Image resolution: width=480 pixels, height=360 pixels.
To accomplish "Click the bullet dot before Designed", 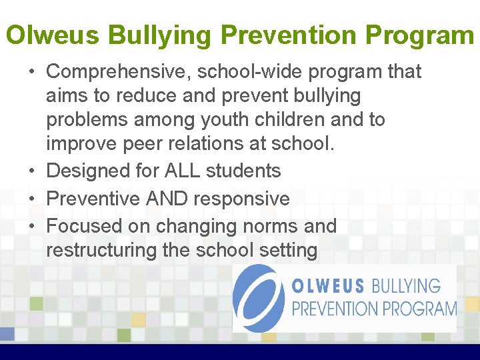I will pyautogui.click(x=32, y=171).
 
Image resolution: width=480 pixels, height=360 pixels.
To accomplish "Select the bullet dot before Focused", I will pyautogui.click(x=32, y=227).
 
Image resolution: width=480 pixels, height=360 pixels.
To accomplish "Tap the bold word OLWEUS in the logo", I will pyautogui.click(x=327, y=287).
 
